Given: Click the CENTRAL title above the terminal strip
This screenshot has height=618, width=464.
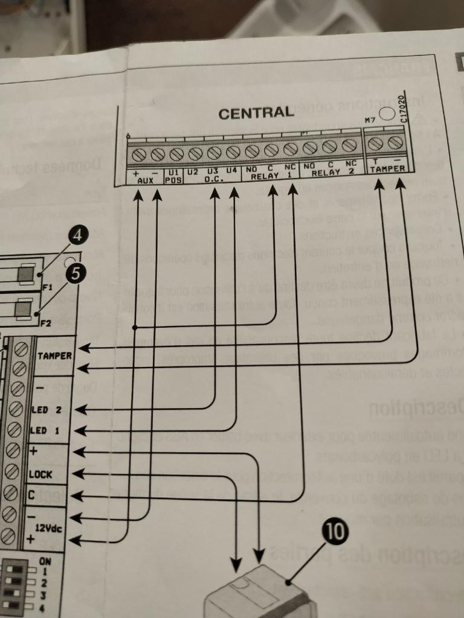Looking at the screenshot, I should tap(256, 113).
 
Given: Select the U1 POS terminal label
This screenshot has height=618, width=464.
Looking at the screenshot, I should tap(173, 176).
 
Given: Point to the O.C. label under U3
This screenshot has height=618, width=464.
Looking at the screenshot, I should tap(214, 179).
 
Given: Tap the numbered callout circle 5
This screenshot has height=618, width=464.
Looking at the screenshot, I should tap(74, 273).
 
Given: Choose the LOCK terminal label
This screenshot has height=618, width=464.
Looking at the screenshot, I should tap(40, 474).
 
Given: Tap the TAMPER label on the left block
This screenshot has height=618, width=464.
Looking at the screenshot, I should tap(55, 356).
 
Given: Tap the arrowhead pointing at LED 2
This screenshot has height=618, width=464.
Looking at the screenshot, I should tap(80, 409).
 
